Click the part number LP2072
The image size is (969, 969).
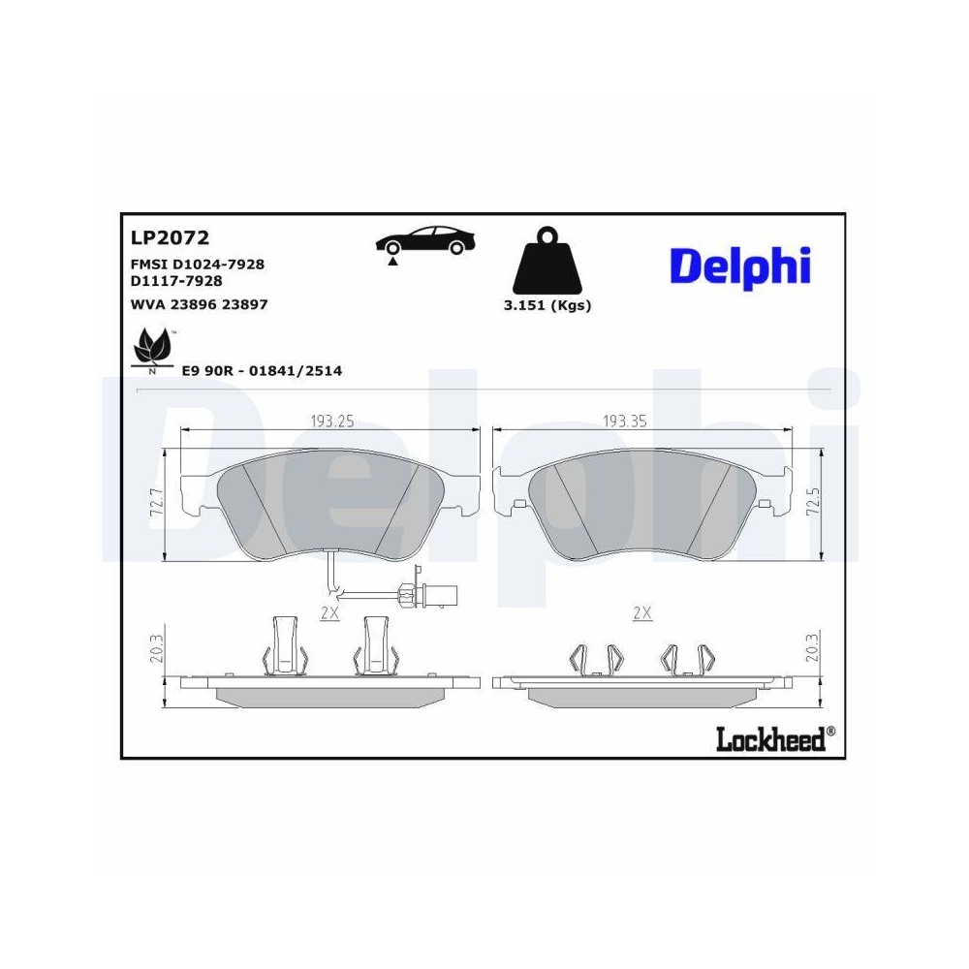coord(170,237)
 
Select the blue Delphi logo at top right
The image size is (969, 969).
coord(738,266)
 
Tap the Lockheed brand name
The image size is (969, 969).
coord(770,739)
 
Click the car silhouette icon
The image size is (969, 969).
coord(425,241)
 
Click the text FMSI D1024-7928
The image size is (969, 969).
coord(198,264)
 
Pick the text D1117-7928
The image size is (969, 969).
coord(175,280)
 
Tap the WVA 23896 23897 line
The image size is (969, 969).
coord(199,304)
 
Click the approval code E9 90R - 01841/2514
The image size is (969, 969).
coord(263,370)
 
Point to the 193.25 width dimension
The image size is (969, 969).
coord(330,422)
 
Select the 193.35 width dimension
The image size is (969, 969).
coord(625,422)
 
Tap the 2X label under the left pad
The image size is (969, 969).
coord(329,613)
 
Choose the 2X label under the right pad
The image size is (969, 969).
coord(641,613)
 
